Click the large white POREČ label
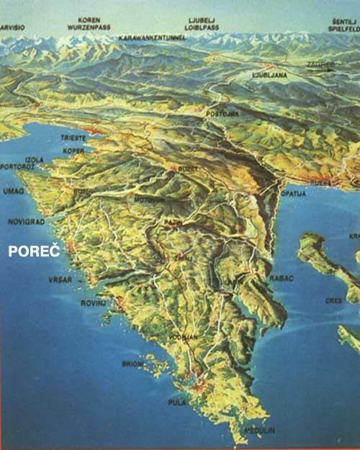click(35, 251)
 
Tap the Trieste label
click(73, 138)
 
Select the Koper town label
click(74, 150)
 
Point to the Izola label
click(34, 159)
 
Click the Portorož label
click(18, 167)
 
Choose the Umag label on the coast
click(14, 191)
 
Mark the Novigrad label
click(26, 222)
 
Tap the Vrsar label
click(60, 279)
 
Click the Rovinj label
click(93, 303)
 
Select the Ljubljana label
click(270, 74)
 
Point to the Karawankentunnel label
click(152, 36)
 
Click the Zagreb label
click(320, 64)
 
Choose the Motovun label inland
click(144, 199)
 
